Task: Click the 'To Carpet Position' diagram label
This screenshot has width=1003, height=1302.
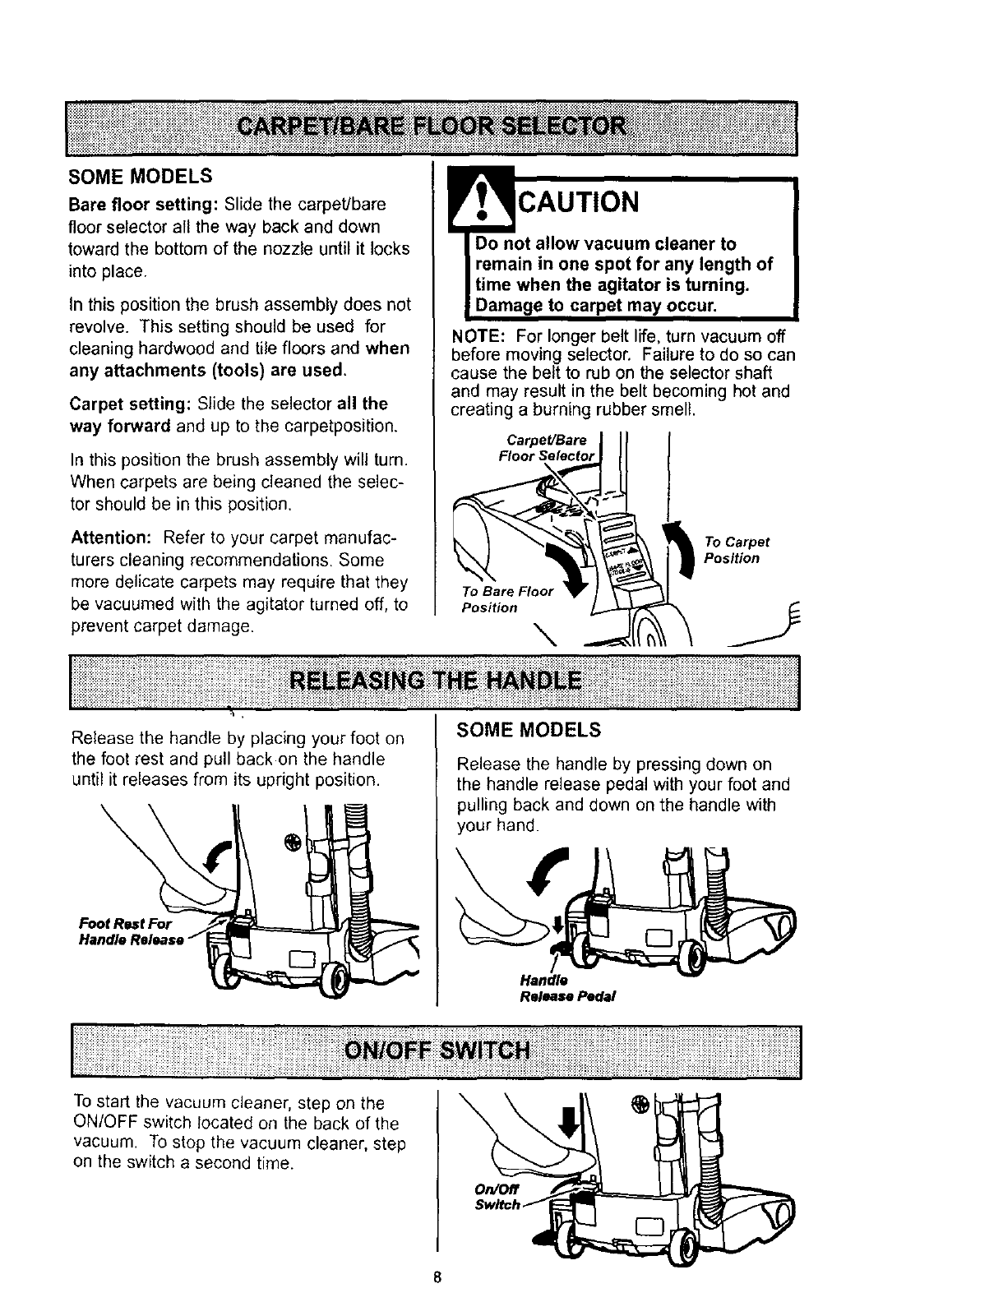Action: pyautogui.click(x=737, y=550)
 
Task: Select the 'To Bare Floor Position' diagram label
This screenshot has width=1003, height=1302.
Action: pyautogui.click(x=507, y=599)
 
